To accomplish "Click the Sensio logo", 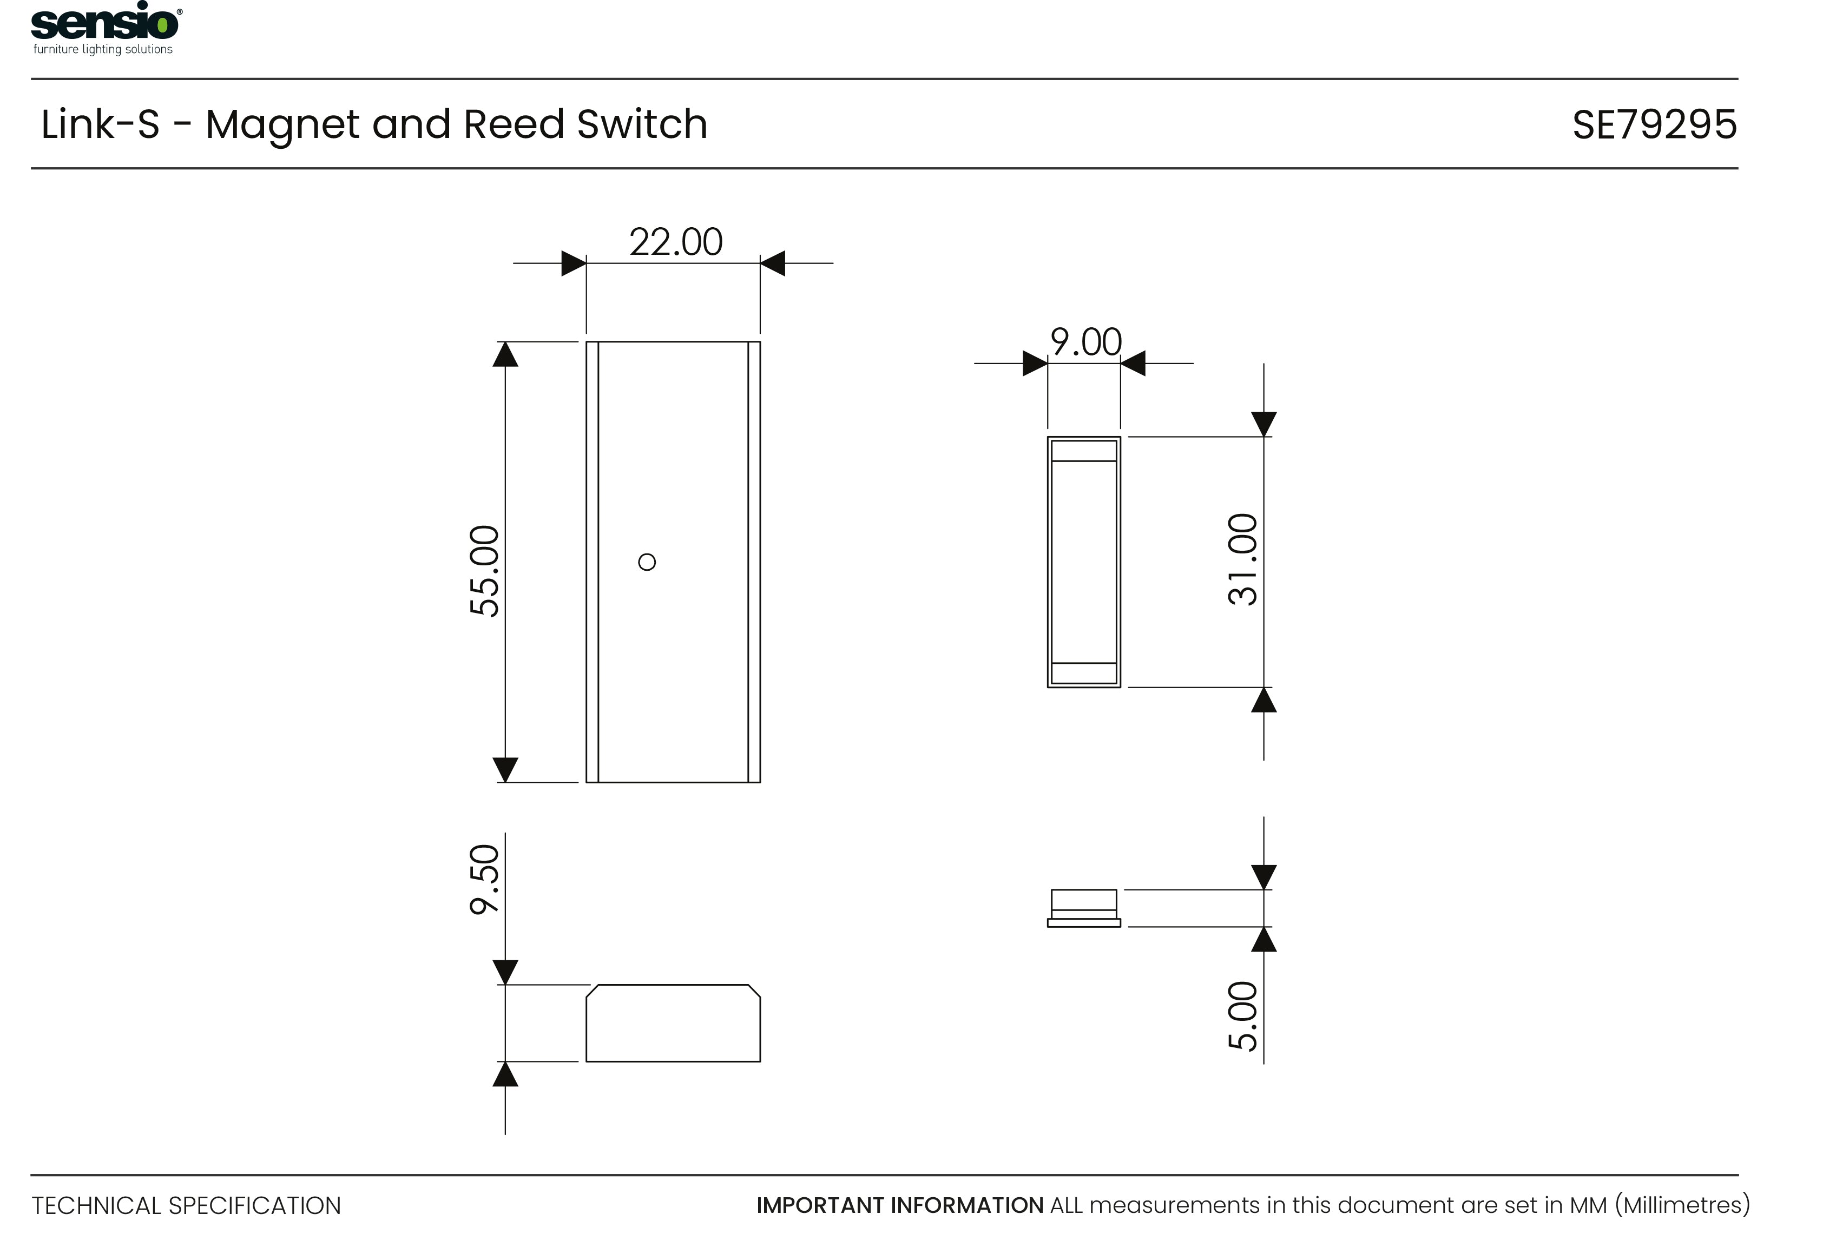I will tap(104, 23).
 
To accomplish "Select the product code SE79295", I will tap(1654, 124).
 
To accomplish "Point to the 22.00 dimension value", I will tap(675, 242).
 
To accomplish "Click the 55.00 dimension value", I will tap(484, 571).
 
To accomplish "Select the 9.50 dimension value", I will tap(484, 880).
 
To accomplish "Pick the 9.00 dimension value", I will tap(1085, 342).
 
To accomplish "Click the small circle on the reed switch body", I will tap(647, 562).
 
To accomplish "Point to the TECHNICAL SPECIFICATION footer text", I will tap(187, 1206).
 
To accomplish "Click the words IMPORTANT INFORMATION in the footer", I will tap(899, 1206).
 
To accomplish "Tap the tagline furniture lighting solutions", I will tap(103, 50).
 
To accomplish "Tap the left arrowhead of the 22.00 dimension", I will tap(573, 263).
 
